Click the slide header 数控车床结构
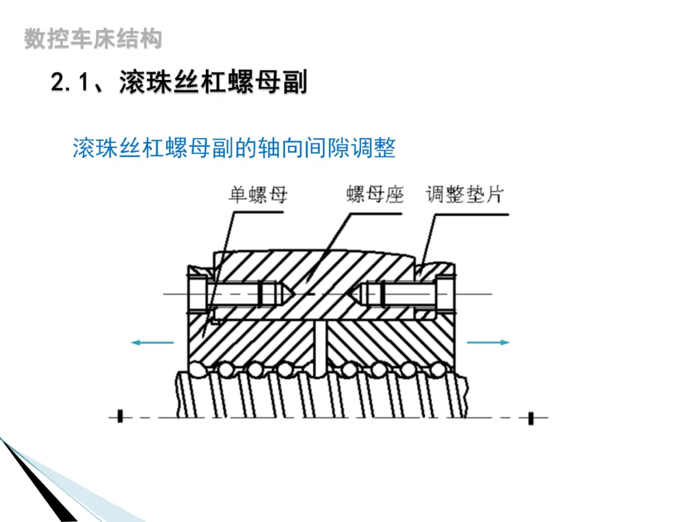click(93, 39)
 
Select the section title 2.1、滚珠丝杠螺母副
click(179, 82)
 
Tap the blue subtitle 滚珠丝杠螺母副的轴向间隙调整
click(234, 148)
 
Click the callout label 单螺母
click(258, 194)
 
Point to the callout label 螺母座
click(375, 194)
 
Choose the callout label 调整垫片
click(464, 194)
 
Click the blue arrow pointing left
click(152, 342)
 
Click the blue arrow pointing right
click(488, 342)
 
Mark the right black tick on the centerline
click(531, 418)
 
